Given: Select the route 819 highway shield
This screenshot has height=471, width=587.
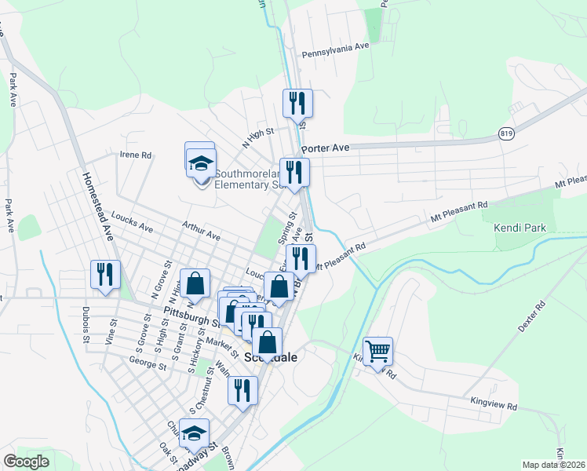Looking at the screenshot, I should coord(506,135).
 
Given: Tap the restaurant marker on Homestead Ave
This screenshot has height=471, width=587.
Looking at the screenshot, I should coord(105,274).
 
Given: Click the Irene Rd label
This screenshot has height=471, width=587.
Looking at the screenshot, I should coord(135,155).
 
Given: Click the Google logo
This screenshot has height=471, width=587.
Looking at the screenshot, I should coord(27,462).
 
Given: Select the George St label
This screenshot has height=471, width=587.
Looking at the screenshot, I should coord(148,365).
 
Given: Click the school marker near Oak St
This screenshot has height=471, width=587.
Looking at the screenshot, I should coord(194,433).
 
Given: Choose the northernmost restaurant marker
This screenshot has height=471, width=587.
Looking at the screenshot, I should coord(297,103).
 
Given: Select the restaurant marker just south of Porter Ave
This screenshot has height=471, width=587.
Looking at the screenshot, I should coord(294,173).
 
